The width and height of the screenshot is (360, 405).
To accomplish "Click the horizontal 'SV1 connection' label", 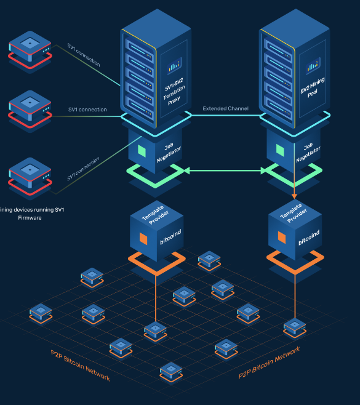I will point(87,110).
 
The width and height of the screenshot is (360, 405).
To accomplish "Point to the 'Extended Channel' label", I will point(226,109).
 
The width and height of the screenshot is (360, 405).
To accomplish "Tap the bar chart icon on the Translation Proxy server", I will point(174,65).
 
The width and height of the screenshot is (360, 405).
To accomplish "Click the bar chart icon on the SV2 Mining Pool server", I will point(313,64).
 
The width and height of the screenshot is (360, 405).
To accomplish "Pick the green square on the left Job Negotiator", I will point(142,150).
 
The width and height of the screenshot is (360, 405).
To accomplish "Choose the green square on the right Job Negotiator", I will point(280,150).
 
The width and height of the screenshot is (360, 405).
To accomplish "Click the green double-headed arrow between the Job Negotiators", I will point(224,170).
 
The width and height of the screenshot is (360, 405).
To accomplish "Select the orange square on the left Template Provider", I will point(143,238).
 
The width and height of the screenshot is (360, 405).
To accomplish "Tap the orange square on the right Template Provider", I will point(281,237).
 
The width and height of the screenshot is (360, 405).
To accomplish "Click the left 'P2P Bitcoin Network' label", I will point(81,365).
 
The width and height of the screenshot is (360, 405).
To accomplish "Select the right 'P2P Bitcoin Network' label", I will point(269,362).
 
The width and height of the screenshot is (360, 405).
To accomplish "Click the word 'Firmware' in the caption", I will point(30,218).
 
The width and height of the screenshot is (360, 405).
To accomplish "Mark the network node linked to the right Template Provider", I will point(294,327).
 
